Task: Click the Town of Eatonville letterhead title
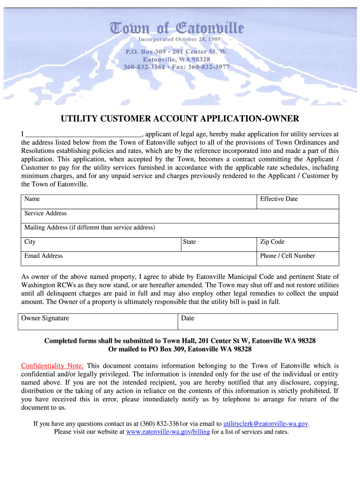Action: pyautogui.click(x=177, y=29)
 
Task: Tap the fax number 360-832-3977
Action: pyautogui.click(x=209, y=67)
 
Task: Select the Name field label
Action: pyautogui.click(x=32, y=199)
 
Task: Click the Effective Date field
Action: pyautogui.click(x=298, y=202)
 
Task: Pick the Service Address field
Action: pyautogui.click(x=180, y=216)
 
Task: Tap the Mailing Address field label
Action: pyautogui.click(x=89, y=228)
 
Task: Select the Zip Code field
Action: pyautogui.click(x=298, y=244)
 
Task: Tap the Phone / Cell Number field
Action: pyautogui.click(x=298, y=259)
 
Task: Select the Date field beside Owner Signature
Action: pyautogui.click(x=258, y=321)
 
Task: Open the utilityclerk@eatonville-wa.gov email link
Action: pyautogui.click(x=266, y=424)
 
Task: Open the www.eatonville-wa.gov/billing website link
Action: pyautogui.click(x=167, y=432)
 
